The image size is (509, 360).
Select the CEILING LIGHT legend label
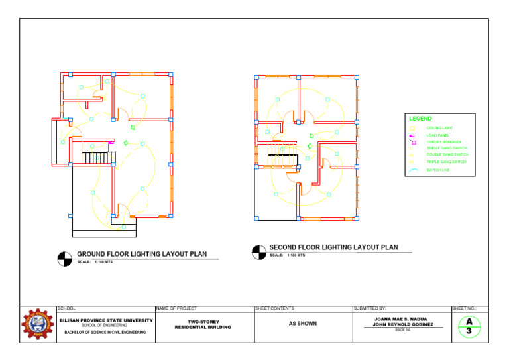pos(439,127)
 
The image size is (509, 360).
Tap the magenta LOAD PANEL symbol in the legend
pos(412,135)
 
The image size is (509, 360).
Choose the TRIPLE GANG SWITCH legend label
pos(446,162)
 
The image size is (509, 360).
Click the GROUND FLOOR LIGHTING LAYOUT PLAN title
pos(142,254)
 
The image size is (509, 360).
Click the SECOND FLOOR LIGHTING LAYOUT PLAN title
pos(334,247)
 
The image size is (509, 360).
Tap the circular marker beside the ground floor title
pos(64,259)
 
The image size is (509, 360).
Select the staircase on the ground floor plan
pos(99,158)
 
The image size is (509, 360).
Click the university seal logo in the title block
pos(38,324)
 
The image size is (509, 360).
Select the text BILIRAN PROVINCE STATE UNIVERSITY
pos(106,320)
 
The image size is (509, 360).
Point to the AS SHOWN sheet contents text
pos(302,324)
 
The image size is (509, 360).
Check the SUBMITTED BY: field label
pos(371,308)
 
